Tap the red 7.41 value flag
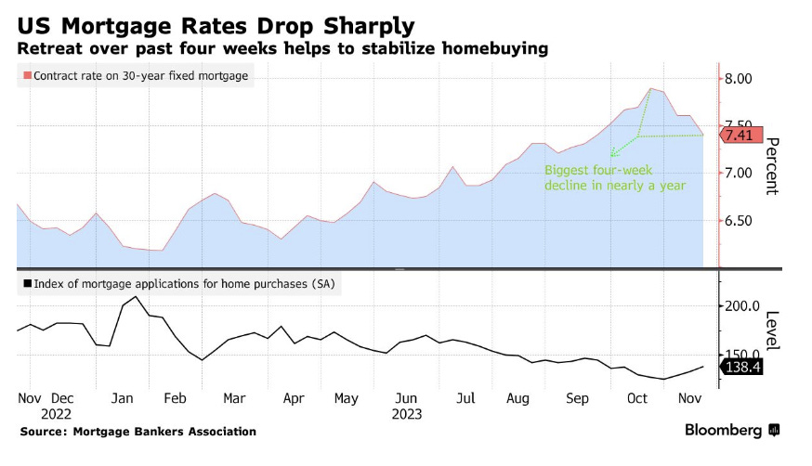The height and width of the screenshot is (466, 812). pos(741,136)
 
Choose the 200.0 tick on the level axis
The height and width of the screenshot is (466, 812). pos(743,306)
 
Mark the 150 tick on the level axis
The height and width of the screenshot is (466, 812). pos(740,355)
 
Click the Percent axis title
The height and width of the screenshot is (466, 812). pos(770,166)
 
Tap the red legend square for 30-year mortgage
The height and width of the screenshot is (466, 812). pos(27,76)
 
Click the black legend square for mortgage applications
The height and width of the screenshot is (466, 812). pos(27,284)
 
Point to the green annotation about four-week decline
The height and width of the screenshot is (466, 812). pos(614,178)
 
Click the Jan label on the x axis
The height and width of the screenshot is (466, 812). pos(123,397)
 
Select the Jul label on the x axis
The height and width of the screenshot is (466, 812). pos(465,397)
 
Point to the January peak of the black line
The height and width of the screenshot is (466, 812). pos(137,297)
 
